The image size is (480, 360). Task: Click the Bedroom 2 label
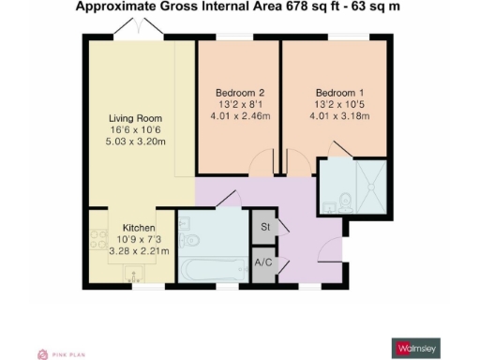point(240,92)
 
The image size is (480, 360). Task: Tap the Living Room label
point(137,118)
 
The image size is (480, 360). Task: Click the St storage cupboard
point(264,227)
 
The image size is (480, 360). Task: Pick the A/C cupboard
point(264,264)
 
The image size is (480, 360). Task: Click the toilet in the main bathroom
point(184,224)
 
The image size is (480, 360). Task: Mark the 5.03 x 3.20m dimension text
point(137,142)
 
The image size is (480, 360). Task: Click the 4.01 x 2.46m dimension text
point(240,116)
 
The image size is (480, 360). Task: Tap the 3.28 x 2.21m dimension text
point(140,251)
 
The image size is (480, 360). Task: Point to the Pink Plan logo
point(62,353)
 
